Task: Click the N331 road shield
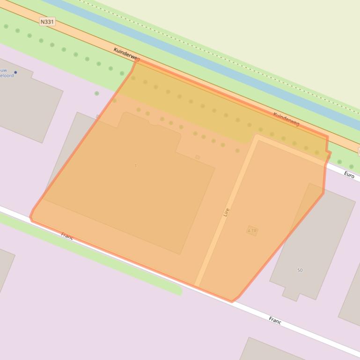47,22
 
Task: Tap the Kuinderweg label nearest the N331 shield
126,54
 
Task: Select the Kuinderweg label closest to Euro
286,119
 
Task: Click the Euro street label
349,174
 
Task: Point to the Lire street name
227,212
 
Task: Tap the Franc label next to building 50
275,320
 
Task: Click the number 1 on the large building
136,166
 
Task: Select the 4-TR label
252,230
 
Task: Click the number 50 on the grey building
300,270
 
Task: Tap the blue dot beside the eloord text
15,72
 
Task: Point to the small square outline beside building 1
198,157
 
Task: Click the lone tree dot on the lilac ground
97,94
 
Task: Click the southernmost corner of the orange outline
232,302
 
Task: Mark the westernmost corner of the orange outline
30,216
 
